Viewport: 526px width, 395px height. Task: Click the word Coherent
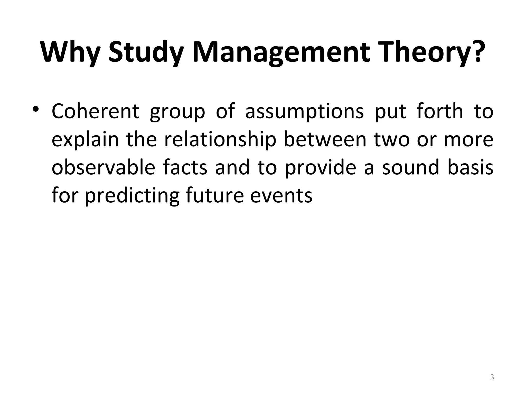(95, 111)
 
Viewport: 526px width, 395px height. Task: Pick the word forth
(440, 111)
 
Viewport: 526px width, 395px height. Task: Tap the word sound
(411, 168)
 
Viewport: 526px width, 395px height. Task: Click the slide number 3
(492, 378)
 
